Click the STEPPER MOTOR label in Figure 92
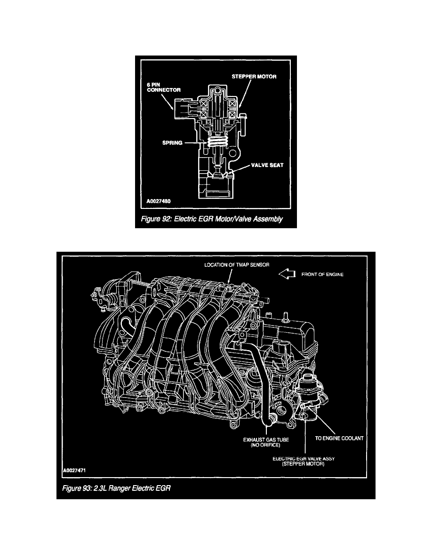[x=254, y=77]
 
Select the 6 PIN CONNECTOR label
[x=164, y=88]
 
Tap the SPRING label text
[x=172, y=143]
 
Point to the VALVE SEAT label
[x=267, y=165]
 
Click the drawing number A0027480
[x=159, y=201]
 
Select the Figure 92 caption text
[x=212, y=219]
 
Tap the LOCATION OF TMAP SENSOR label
[x=237, y=265]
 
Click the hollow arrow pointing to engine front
[x=287, y=274]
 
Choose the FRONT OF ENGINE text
[x=322, y=274]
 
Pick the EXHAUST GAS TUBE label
[x=266, y=439]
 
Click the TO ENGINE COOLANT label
[x=339, y=438]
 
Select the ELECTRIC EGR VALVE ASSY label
[x=304, y=458]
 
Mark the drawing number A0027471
[x=74, y=470]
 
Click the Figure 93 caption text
[x=116, y=488]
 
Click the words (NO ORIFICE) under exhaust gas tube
[x=265, y=445]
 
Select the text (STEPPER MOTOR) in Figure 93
[x=304, y=464]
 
